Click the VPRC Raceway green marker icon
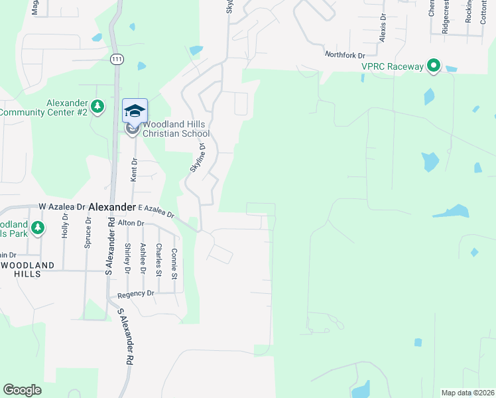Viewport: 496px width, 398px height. coord(434,66)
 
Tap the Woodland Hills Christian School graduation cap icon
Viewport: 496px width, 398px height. coord(135,111)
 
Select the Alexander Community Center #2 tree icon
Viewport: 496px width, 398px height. coord(98,106)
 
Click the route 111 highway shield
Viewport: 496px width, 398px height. coord(117,59)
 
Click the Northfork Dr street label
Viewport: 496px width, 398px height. coord(345,54)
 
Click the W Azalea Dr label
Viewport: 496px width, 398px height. coord(62,207)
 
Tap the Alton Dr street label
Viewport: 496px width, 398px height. coord(131,224)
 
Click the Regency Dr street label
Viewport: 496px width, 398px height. coord(135,294)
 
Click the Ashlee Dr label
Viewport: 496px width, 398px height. coord(143,257)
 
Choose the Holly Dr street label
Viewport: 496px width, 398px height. coord(65,229)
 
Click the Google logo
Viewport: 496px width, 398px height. coord(23,389)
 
